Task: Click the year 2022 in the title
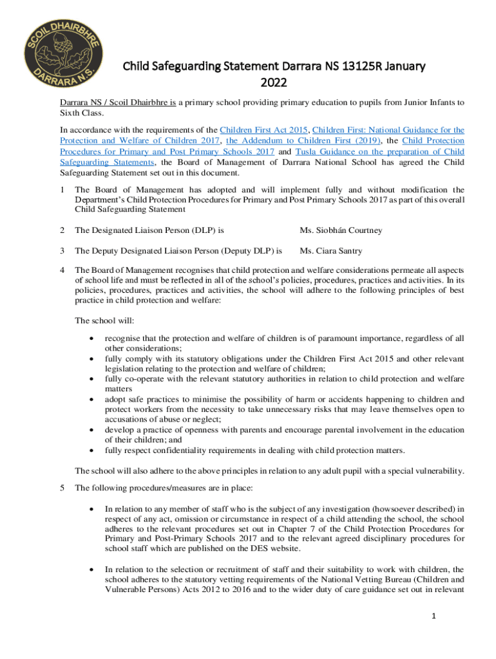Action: pyautogui.click(x=273, y=82)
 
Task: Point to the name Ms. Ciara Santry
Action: pyautogui.click(x=330, y=250)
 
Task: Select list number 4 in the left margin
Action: pyautogui.click(x=62, y=270)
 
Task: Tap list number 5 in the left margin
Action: pyautogui.click(x=62, y=488)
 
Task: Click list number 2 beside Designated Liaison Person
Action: pyautogui.click(x=62, y=230)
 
